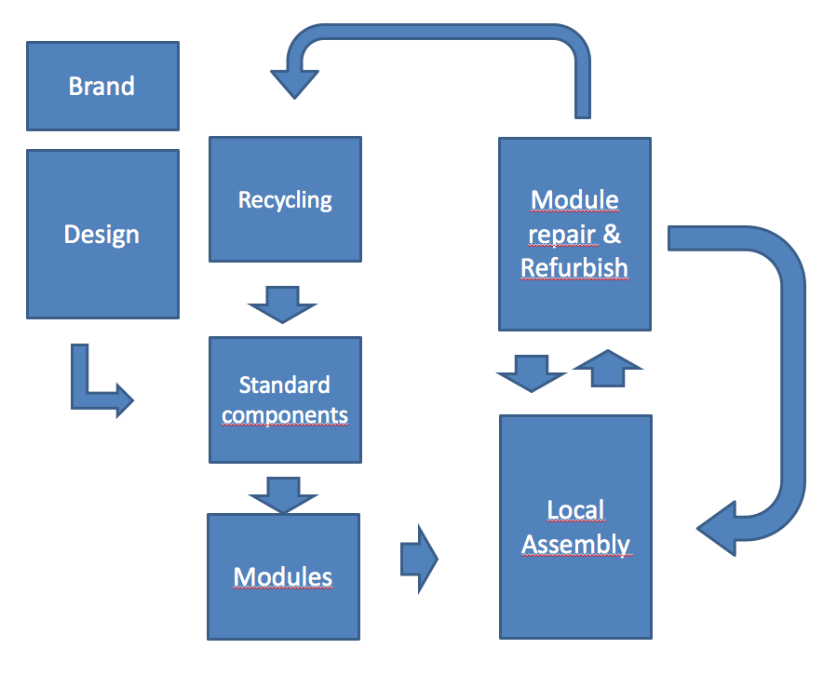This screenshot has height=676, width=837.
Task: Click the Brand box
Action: (102, 86)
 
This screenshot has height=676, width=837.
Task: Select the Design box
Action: (102, 234)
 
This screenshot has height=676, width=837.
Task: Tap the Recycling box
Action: (285, 199)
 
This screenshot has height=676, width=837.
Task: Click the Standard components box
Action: (285, 399)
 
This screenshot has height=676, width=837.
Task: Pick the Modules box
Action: (283, 576)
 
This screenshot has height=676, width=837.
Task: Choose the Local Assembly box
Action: (575, 527)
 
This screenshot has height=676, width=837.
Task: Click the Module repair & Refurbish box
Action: (574, 234)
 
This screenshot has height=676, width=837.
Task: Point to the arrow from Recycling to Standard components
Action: (283, 304)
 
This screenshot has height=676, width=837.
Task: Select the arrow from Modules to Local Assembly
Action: (419, 559)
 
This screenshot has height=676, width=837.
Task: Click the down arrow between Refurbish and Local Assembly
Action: (532, 372)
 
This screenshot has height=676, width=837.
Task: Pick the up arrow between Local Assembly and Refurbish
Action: (608, 367)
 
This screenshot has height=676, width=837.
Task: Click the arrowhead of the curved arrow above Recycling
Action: (295, 81)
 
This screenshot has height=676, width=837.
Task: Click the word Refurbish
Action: (574, 268)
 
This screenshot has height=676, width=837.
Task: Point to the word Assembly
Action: (575, 545)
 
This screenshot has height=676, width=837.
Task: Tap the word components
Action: (285, 415)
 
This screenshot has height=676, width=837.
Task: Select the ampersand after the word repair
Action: (612, 234)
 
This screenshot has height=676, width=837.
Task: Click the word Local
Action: (575, 510)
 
